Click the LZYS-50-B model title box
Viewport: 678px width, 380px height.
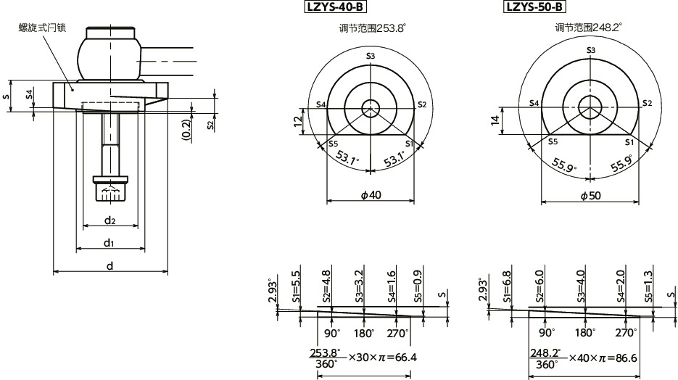point(534,8)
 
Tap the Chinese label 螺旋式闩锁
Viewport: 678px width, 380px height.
point(43,28)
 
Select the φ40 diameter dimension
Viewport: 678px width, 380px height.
point(371,195)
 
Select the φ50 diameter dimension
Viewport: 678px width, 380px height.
point(590,196)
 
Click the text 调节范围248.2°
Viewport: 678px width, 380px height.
point(588,28)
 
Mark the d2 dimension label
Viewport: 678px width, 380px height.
point(109,219)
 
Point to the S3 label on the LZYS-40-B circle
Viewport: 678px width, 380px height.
point(371,56)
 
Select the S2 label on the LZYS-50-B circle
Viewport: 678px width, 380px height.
point(647,104)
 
